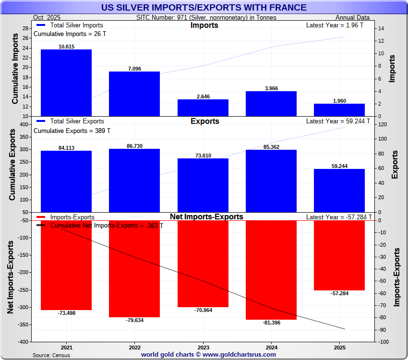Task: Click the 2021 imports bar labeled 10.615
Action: pos(66,83)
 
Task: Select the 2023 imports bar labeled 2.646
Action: pos(203,108)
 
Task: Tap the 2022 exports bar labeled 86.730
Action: pos(134,180)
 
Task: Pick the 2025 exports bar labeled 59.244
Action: pos(339,190)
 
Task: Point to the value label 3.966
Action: pos(271,88)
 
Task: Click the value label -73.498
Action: pos(66,313)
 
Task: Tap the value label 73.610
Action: pos(203,156)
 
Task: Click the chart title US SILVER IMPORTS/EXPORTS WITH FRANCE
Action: pos(204,7)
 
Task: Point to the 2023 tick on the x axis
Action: pos(203,347)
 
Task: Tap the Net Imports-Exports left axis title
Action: pos(10,277)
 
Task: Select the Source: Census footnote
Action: pos(51,355)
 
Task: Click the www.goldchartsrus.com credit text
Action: pos(239,355)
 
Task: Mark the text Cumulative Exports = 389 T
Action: pos(72,131)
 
